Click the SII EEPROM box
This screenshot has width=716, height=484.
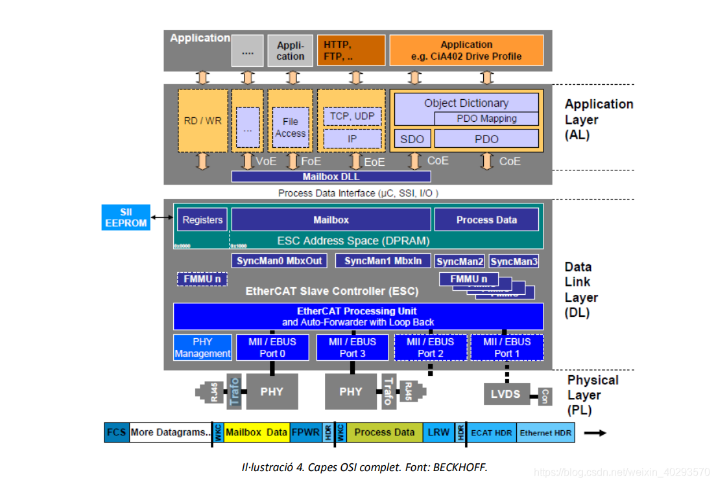point(126,217)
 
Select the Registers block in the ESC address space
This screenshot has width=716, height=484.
point(202,220)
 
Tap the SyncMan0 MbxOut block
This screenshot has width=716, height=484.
point(278,260)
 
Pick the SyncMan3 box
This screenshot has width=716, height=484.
point(513,261)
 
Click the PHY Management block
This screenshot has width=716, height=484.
point(202,347)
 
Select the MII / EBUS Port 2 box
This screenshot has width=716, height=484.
point(430,347)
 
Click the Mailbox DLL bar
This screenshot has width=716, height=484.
point(331,176)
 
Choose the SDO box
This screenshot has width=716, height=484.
point(412,139)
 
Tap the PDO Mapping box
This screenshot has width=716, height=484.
point(486,119)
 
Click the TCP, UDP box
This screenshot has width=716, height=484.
point(352,116)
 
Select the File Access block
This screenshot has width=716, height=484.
point(290,127)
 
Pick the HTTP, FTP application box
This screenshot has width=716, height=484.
point(350,51)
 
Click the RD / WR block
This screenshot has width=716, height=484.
point(202,121)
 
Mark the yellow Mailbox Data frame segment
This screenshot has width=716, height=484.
point(256,432)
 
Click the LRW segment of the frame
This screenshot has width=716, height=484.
point(438,432)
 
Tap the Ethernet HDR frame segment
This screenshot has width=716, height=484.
point(545,432)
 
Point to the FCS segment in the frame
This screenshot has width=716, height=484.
point(116,432)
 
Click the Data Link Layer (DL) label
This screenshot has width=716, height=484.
point(581,290)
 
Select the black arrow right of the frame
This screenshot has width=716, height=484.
point(595,432)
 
